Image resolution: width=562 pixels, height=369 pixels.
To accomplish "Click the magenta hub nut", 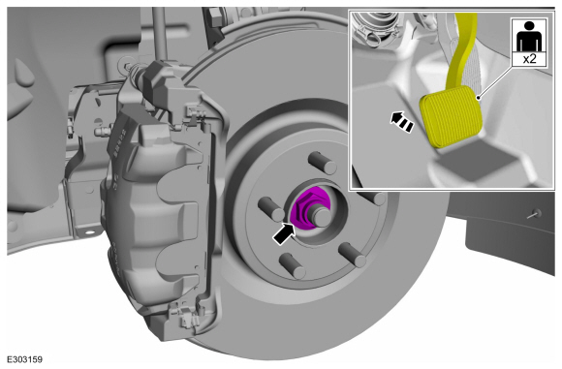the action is click(x=304, y=209).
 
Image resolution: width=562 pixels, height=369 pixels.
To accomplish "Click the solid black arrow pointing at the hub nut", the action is click(x=285, y=233).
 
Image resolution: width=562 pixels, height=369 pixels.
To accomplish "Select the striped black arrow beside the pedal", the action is click(x=402, y=121).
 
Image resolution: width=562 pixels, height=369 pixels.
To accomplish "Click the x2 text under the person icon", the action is click(x=529, y=58).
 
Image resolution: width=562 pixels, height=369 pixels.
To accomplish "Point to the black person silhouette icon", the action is click(x=529, y=36).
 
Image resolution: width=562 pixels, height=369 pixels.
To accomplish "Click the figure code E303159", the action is click(x=25, y=359).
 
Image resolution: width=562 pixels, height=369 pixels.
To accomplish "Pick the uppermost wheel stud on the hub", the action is click(x=323, y=163).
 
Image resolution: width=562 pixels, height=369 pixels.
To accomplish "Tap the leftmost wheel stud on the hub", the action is click(x=271, y=209).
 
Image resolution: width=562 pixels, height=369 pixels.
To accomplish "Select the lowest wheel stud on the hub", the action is click(x=292, y=265).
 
